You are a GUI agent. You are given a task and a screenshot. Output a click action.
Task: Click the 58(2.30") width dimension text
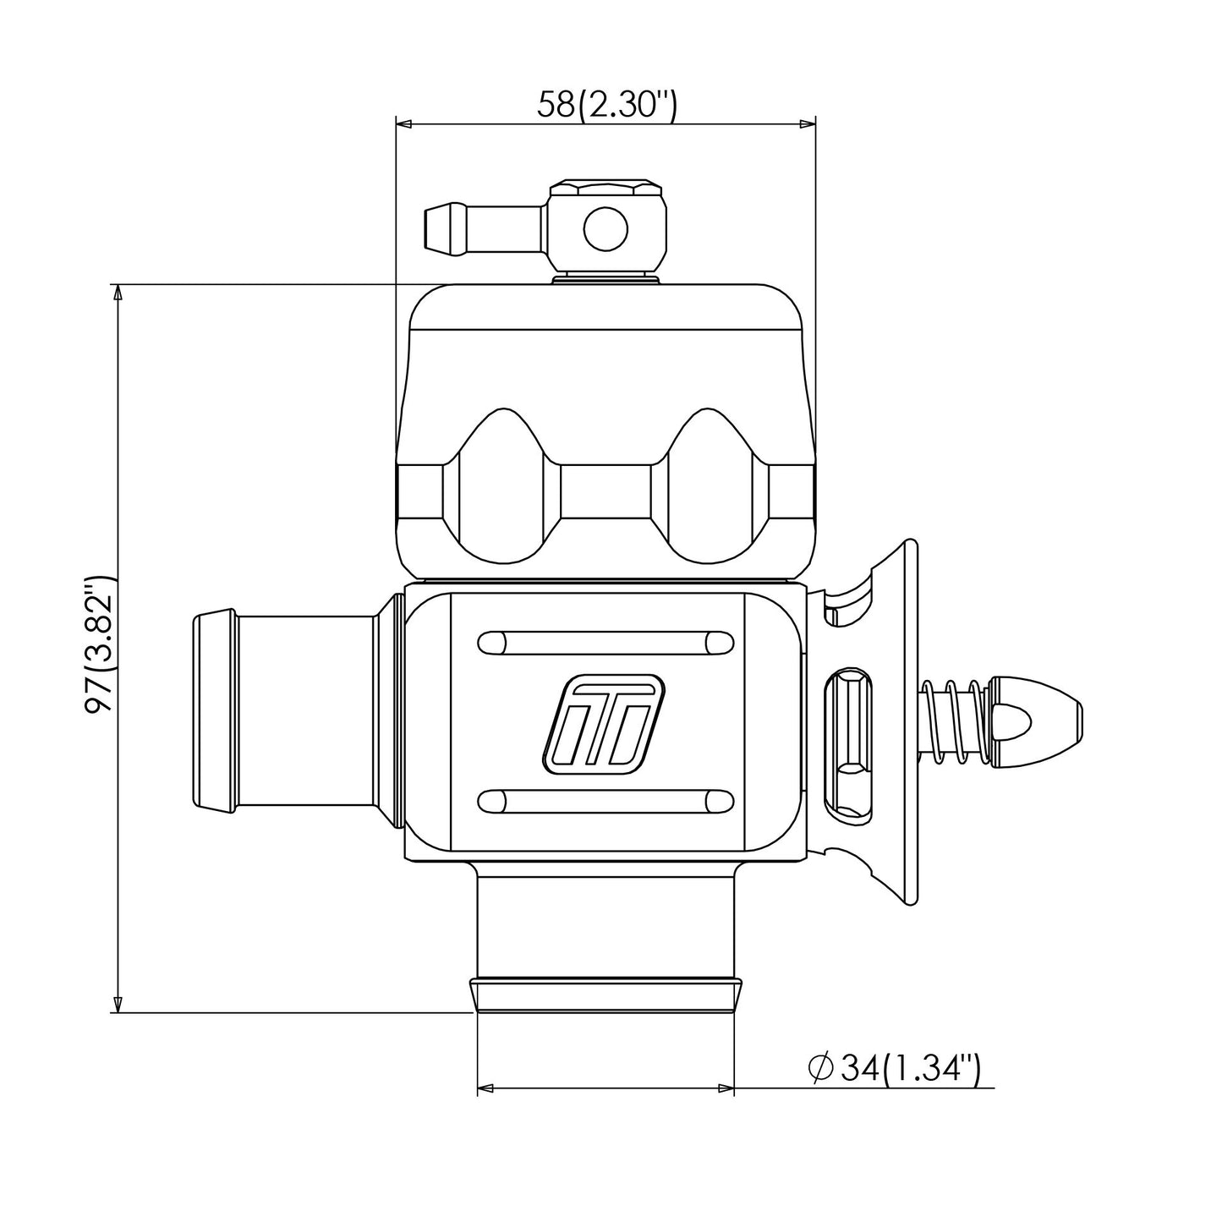(x=607, y=105)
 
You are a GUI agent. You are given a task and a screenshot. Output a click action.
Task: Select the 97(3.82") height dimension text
(x=100, y=644)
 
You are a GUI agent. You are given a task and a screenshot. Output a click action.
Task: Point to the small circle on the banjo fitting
(x=606, y=228)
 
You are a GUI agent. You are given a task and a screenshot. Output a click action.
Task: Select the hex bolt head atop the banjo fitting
(x=606, y=189)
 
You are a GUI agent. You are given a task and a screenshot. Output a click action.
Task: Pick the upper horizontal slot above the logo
(x=606, y=643)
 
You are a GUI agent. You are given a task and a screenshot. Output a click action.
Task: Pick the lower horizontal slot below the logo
(x=606, y=801)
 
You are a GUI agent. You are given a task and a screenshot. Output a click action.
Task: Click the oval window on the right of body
(x=849, y=743)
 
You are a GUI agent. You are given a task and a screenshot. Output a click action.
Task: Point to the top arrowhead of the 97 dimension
(x=117, y=291)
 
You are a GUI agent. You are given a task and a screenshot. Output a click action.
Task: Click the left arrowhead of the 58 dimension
(x=403, y=123)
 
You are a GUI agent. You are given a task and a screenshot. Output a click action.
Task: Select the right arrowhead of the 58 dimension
(x=808, y=123)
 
